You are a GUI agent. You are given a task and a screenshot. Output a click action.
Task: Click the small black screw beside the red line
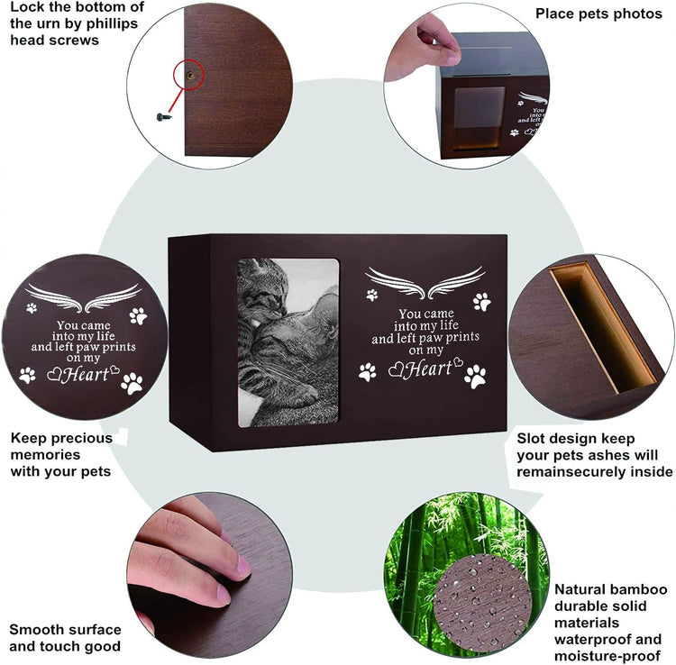pos(164,117)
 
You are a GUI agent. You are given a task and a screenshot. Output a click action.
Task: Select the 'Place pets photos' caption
pos(598,14)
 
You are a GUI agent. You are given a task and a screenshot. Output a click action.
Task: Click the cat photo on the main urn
pos(288,342)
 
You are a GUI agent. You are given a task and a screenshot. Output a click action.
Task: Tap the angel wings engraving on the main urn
pos(425,282)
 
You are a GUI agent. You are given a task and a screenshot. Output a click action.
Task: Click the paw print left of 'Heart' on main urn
pos(368,371)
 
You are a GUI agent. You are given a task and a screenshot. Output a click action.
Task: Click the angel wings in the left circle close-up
pos(83,297)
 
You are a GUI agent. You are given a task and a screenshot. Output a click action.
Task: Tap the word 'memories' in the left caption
pos(45,455)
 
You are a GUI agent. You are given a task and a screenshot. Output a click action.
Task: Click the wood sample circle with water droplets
pos(483,602)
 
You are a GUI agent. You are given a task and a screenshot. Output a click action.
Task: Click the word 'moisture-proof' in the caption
pos(607,656)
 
